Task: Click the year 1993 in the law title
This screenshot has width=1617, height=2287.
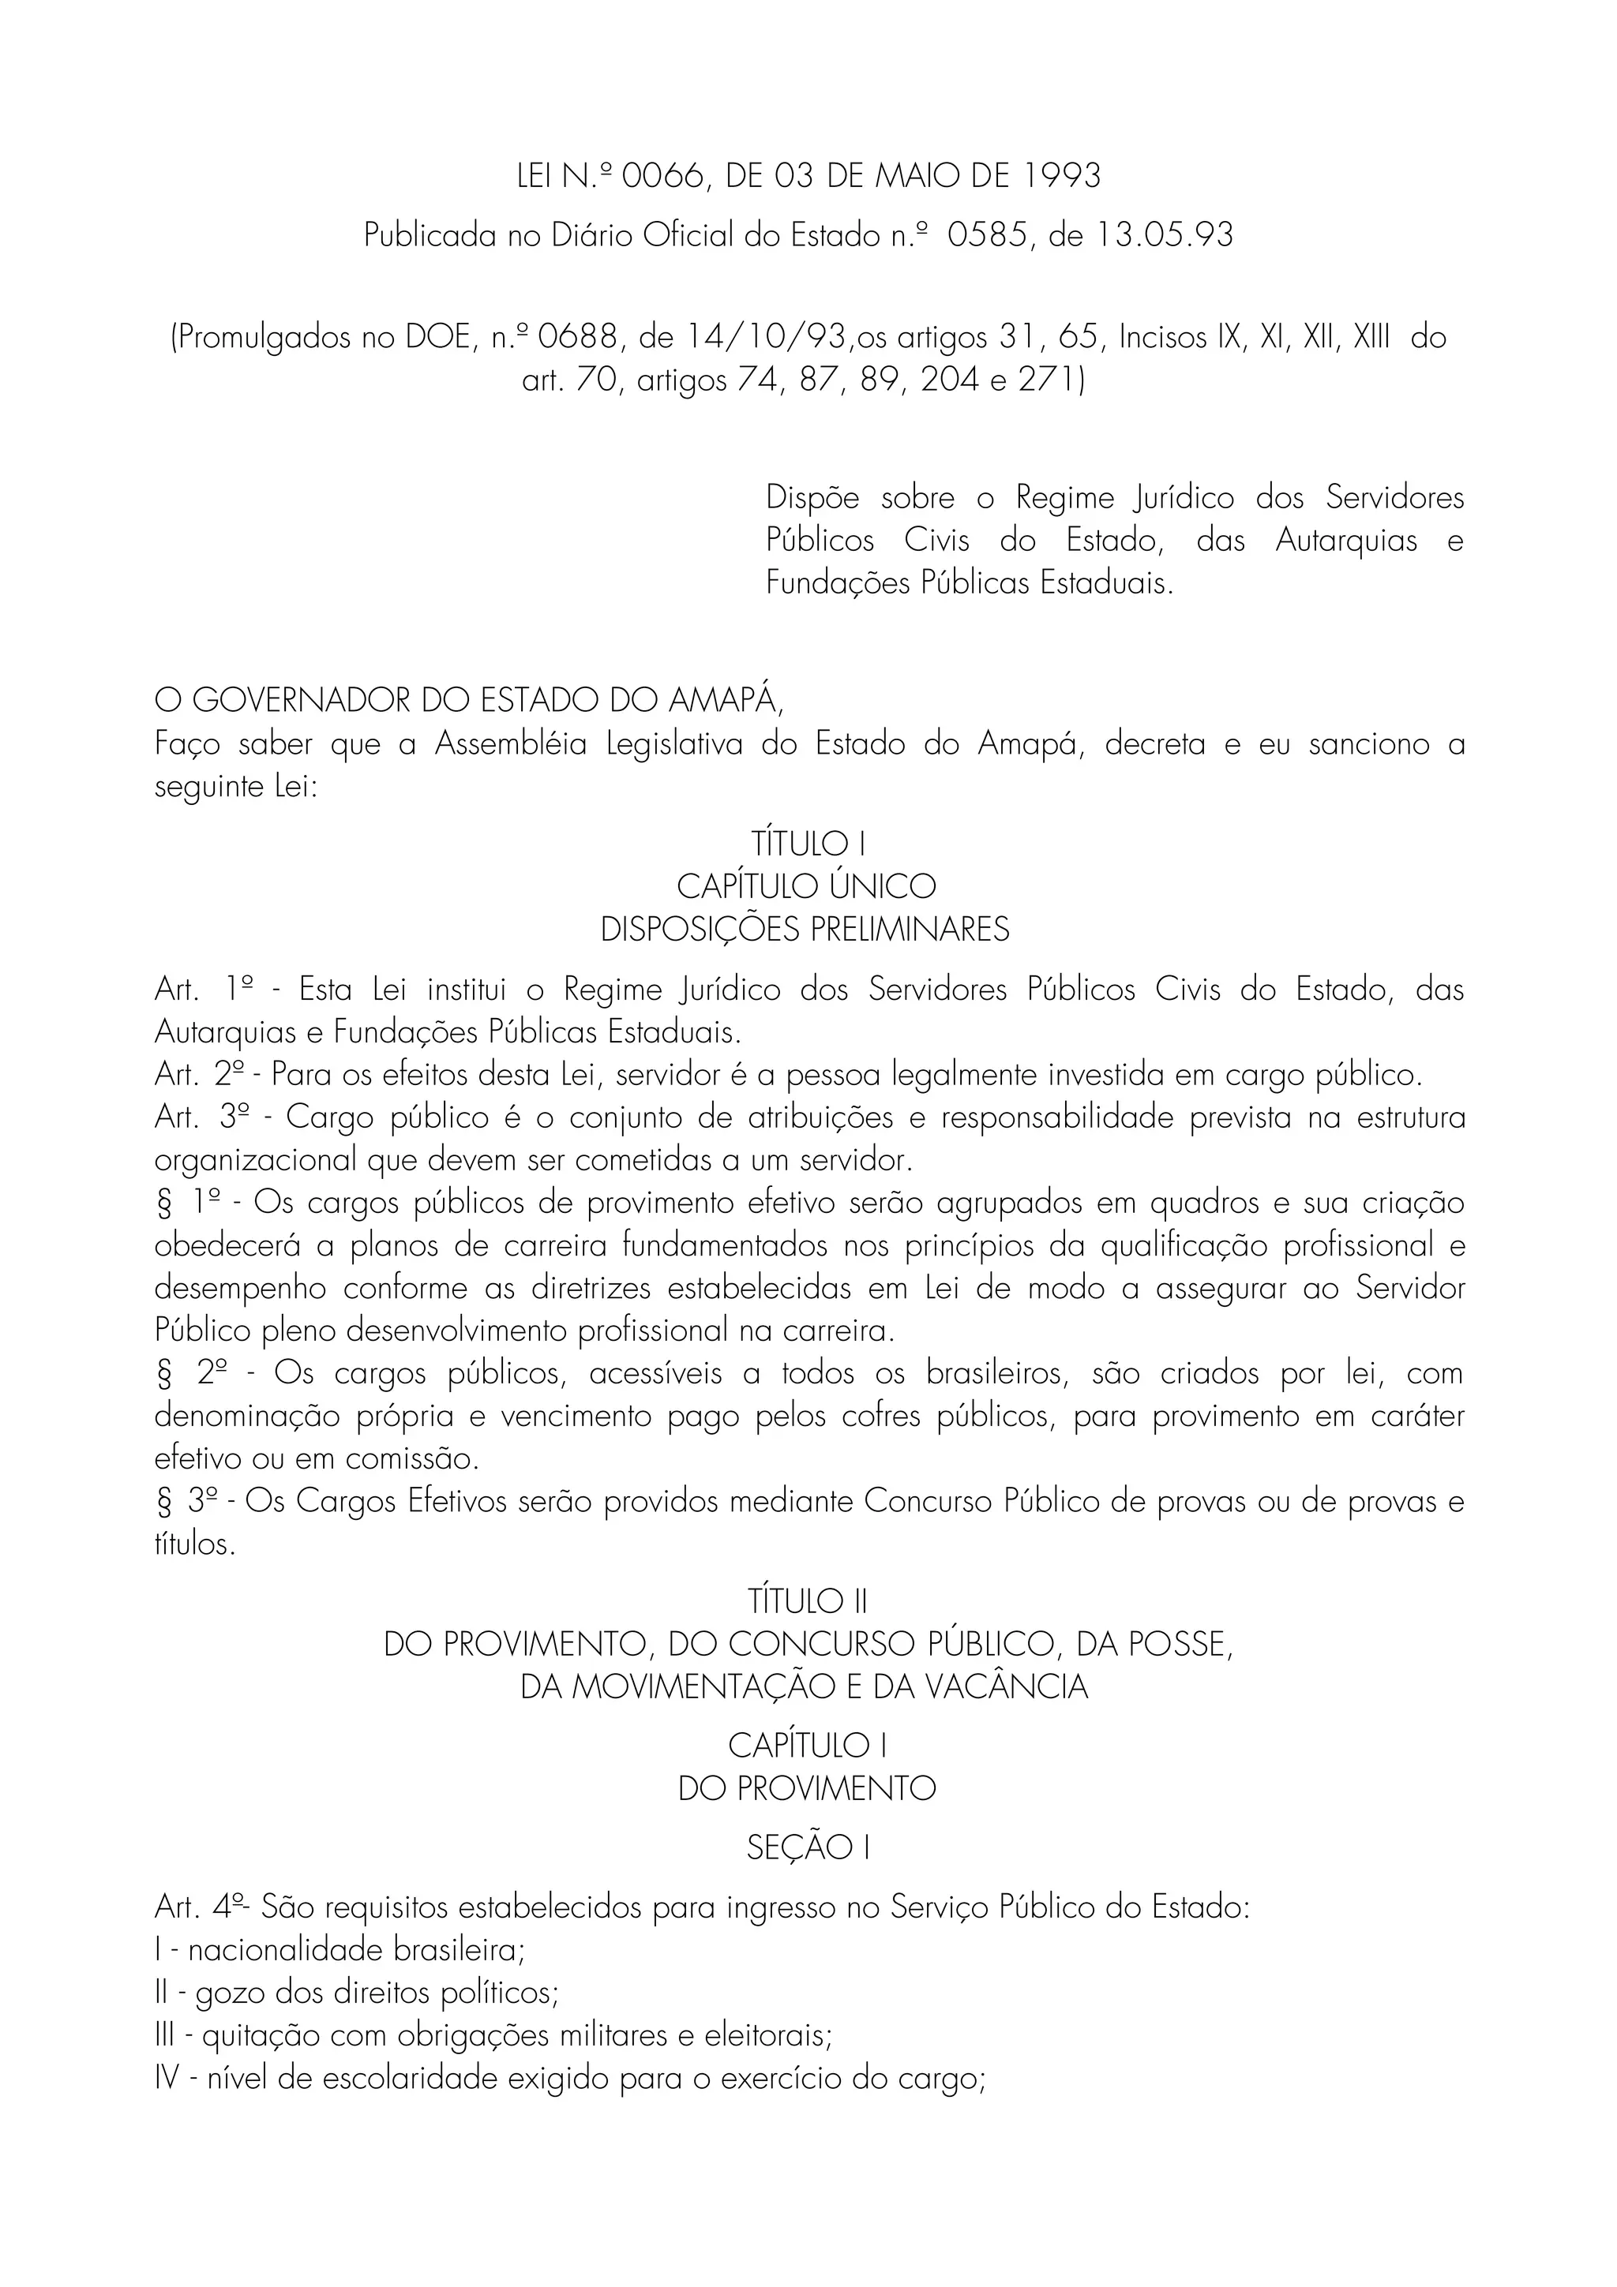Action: coord(1062,176)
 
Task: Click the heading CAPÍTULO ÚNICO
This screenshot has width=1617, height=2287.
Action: coord(807,886)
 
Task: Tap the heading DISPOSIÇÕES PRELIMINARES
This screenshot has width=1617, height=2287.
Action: coord(805,930)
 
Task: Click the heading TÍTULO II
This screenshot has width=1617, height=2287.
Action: coord(808,1602)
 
